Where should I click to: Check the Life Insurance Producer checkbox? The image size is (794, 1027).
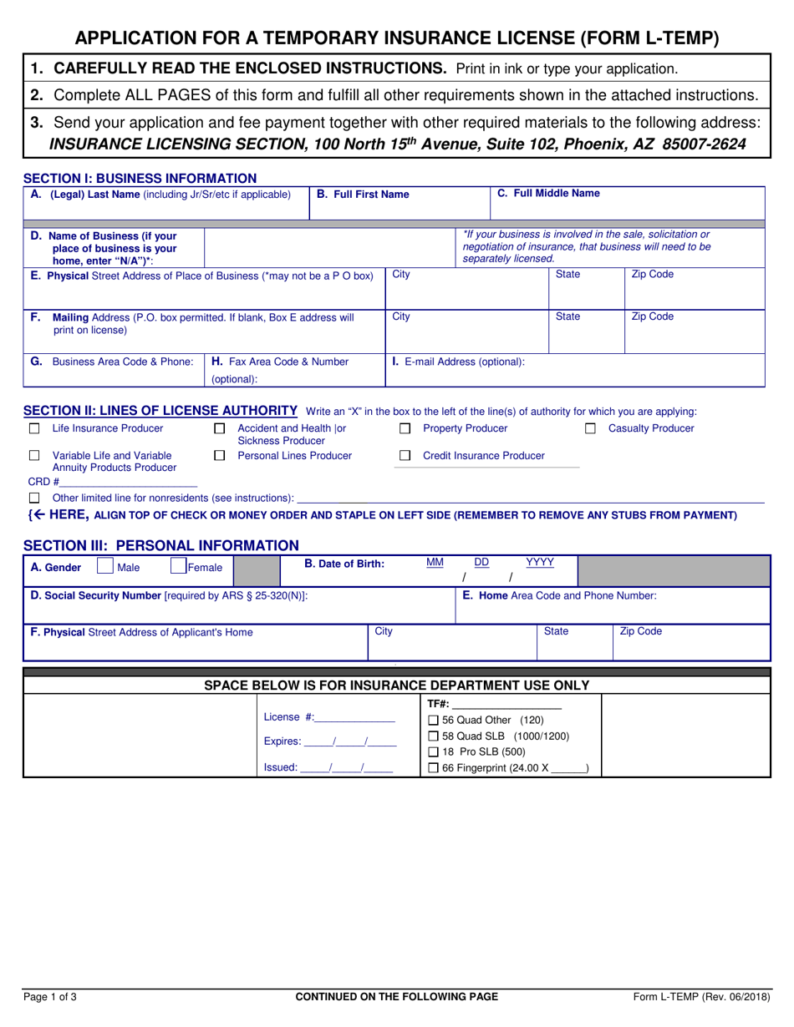[x=34, y=428]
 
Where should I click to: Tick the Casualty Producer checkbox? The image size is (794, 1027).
[x=590, y=428]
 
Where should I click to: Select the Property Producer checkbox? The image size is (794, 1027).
[x=405, y=428]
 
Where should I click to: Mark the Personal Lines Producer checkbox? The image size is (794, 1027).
[x=220, y=456]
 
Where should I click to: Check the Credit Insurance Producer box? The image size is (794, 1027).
[x=405, y=456]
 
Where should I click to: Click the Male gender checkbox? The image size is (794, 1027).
[x=104, y=566]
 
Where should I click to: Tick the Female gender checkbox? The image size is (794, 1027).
[x=178, y=566]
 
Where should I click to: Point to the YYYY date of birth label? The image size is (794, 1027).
[x=539, y=563]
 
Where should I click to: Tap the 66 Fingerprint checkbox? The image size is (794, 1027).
[x=433, y=768]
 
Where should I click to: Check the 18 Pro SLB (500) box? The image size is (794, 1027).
[x=433, y=752]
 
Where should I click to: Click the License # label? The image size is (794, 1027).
[x=289, y=717]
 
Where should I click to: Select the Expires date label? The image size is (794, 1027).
[x=282, y=741]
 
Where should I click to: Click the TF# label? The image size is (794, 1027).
[x=438, y=704]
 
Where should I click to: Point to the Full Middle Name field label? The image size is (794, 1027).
[x=548, y=193]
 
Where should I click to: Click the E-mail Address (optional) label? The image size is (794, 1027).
[x=459, y=362]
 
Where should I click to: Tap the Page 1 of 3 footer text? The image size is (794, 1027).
[x=50, y=996]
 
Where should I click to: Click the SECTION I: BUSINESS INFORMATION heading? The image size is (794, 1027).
[x=140, y=178]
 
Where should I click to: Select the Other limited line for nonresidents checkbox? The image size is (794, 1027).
[x=34, y=498]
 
